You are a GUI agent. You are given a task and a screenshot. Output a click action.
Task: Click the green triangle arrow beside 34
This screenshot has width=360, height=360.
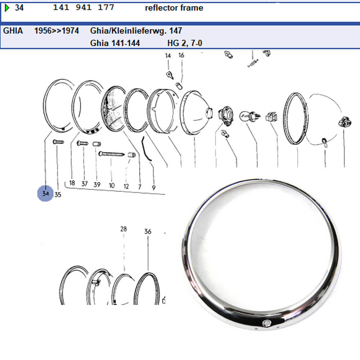(x=7, y=8)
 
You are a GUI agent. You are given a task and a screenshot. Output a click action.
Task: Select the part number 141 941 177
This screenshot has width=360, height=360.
(x=84, y=7)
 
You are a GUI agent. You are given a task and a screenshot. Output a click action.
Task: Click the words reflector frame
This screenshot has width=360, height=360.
(x=174, y=8)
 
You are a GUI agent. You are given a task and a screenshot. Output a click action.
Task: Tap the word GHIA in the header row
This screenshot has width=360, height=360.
(x=13, y=31)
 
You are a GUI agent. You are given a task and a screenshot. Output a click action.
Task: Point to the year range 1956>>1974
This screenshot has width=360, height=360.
(x=57, y=31)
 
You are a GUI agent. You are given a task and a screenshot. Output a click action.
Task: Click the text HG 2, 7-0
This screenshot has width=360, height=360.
(x=185, y=43)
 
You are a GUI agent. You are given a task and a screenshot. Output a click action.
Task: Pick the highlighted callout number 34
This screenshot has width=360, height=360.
(x=45, y=194)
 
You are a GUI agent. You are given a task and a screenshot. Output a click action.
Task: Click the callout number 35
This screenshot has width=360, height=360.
(x=58, y=195)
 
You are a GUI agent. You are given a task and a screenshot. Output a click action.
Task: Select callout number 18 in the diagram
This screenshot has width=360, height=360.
(x=72, y=183)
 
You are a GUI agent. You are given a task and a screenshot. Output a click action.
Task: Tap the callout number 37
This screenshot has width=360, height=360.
(x=85, y=184)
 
